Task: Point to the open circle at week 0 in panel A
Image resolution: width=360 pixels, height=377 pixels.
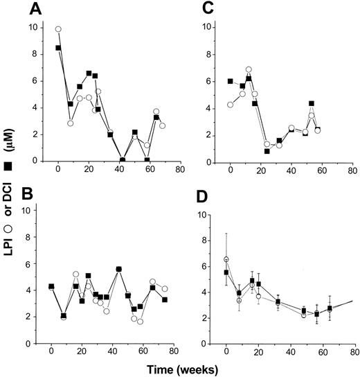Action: tap(59, 29)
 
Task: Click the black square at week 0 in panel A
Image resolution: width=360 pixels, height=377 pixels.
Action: tap(59, 48)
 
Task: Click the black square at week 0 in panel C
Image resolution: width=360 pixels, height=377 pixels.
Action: tap(231, 81)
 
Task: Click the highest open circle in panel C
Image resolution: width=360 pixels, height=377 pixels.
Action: tap(249, 70)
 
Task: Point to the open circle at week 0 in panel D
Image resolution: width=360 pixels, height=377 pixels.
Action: tap(226, 259)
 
